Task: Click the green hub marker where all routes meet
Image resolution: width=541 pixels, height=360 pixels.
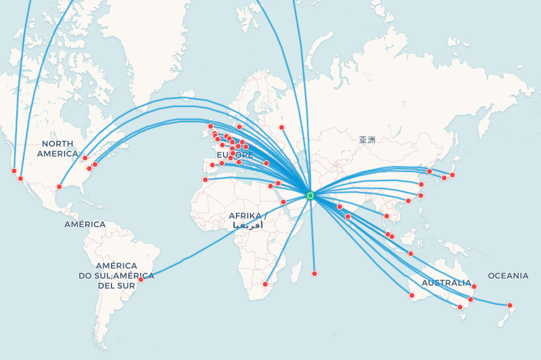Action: [x=310, y=195]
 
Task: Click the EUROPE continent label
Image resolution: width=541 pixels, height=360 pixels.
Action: [x=235, y=154]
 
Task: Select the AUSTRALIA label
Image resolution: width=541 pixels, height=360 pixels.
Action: [x=447, y=282]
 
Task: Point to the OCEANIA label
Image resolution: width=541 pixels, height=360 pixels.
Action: [x=508, y=275]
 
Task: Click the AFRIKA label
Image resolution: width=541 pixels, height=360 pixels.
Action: [x=247, y=216]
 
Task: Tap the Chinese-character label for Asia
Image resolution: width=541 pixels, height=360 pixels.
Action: [x=367, y=140]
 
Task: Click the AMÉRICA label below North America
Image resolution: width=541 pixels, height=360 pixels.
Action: [x=85, y=224]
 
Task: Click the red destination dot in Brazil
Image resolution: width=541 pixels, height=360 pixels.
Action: [x=140, y=279]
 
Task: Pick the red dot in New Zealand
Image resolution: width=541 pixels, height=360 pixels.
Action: [x=510, y=305]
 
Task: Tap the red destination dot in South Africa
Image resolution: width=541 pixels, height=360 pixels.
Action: [x=265, y=284]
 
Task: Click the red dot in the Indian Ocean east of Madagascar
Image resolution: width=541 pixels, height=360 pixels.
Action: [x=315, y=274]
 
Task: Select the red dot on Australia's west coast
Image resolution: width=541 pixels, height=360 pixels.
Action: [x=412, y=295]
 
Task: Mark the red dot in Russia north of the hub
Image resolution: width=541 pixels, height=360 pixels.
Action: [x=282, y=127]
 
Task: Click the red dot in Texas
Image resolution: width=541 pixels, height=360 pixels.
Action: [x=59, y=187]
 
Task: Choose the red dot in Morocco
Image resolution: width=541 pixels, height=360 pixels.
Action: [x=205, y=180]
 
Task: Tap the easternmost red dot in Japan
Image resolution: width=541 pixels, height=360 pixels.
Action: [x=452, y=175]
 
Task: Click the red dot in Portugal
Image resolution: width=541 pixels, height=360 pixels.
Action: [x=212, y=165]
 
